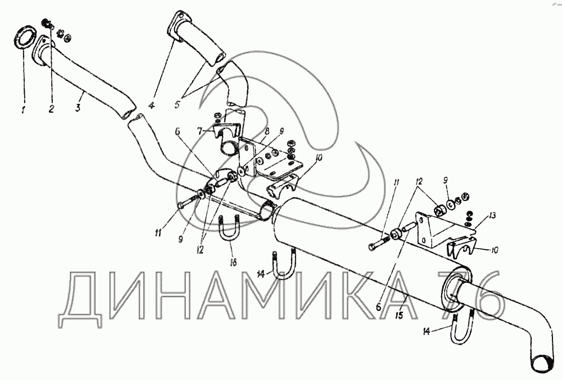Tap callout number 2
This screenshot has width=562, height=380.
51,109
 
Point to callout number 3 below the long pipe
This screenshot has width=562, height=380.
78,107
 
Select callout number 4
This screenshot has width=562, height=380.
152,106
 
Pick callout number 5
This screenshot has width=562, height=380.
178,105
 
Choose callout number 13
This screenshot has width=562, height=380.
492,216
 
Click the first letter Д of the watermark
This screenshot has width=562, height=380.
82,300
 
